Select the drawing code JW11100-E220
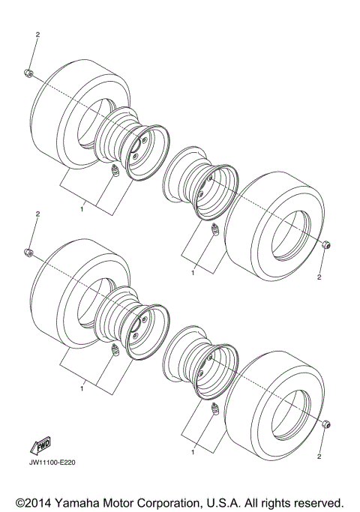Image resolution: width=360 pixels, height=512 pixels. [53, 462]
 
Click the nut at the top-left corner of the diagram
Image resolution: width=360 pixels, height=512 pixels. [27, 72]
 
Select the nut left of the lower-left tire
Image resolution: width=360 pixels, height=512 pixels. [28, 250]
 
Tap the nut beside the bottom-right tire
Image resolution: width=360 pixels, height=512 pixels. [326, 424]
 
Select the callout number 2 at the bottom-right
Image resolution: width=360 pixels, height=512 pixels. [319, 456]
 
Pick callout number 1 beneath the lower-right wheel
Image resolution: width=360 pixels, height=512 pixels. [193, 452]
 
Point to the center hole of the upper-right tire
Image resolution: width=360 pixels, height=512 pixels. [291, 226]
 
